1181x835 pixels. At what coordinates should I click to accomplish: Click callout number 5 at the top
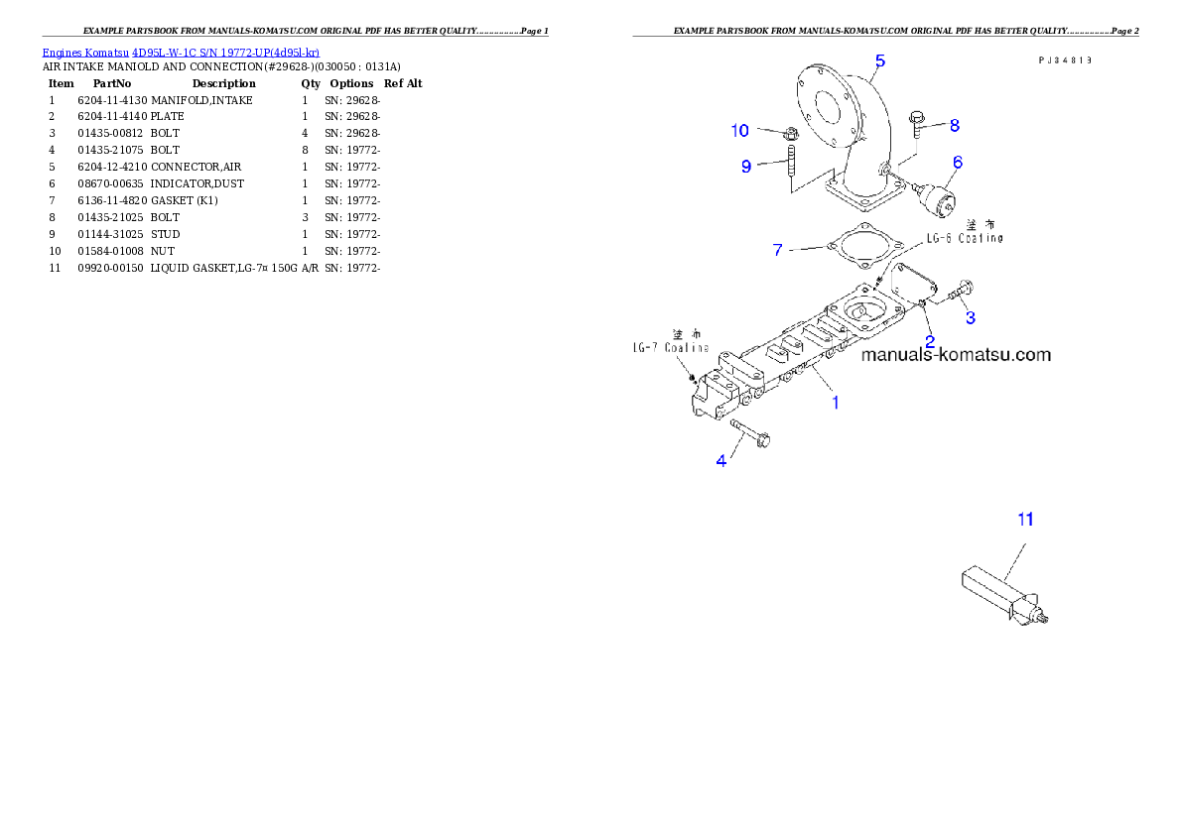pyautogui.click(x=879, y=60)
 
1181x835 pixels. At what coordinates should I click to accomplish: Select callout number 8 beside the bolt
pyautogui.click(x=954, y=125)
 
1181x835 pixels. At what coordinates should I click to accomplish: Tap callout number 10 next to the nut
pyautogui.click(x=740, y=130)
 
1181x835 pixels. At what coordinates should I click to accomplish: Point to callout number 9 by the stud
pyautogui.click(x=746, y=167)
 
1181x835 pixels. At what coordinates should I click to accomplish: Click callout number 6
pyautogui.click(x=958, y=162)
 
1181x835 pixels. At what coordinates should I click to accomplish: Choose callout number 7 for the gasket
pyautogui.click(x=778, y=250)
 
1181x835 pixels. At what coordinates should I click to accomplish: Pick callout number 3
pyautogui.click(x=971, y=317)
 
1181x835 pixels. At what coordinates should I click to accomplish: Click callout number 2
pyautogui.click(x=930, y=341)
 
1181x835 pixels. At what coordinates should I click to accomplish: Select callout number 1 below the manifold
pyautogui.click(x=836, y=403)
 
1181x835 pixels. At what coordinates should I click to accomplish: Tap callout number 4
pyautogui.click(x=722, y=460)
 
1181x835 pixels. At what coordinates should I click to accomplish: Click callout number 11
pyautogui.click(x=1026, y=519)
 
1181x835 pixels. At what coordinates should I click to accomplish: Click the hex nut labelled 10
pyautogui.click(x=792, y=133)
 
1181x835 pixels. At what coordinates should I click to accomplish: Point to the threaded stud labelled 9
pyautogui.click(x=792, y=166)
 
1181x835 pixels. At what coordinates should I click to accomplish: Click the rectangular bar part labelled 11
pyautogui.click(x=997, y=591)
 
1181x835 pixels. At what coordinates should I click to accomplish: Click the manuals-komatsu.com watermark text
pyautogui.click(x=956, y=354)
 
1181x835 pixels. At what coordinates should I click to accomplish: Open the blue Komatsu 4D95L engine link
pyautogui.click(x=181, y=52)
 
